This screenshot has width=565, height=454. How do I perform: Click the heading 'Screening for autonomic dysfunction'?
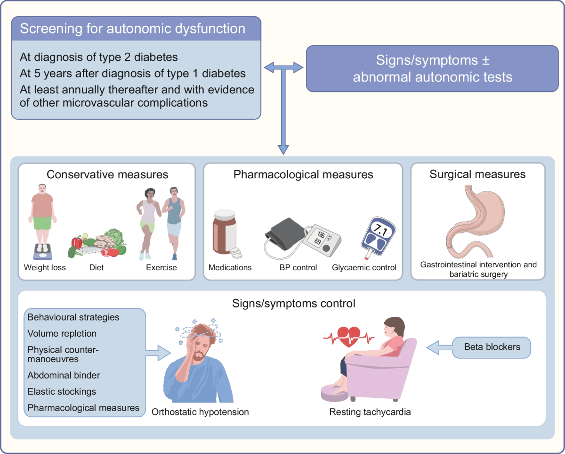pos(132,29)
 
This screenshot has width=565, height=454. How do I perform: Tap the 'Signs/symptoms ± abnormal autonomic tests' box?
pos(432,68)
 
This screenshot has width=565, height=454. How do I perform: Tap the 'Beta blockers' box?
pos(492,347)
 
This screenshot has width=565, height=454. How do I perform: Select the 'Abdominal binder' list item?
pos(63,376)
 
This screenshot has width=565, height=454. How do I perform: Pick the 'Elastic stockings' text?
pos(61,392)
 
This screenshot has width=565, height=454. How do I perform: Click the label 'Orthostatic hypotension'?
pos(200,412)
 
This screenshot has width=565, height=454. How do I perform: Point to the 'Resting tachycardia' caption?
pos(370,412)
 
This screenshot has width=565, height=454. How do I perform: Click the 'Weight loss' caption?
pos(45,268)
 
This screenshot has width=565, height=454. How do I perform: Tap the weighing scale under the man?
pos(43,251)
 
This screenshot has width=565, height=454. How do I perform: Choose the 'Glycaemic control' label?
pos(363,268)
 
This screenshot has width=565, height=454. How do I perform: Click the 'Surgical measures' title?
pos(477,174)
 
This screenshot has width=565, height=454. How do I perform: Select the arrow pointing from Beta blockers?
pos(438,348)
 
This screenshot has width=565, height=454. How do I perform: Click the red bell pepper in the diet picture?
pos(76,242)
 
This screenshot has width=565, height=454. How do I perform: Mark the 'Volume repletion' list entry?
pos(62,334)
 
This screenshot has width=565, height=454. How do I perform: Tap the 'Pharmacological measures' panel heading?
pos(303,174)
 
